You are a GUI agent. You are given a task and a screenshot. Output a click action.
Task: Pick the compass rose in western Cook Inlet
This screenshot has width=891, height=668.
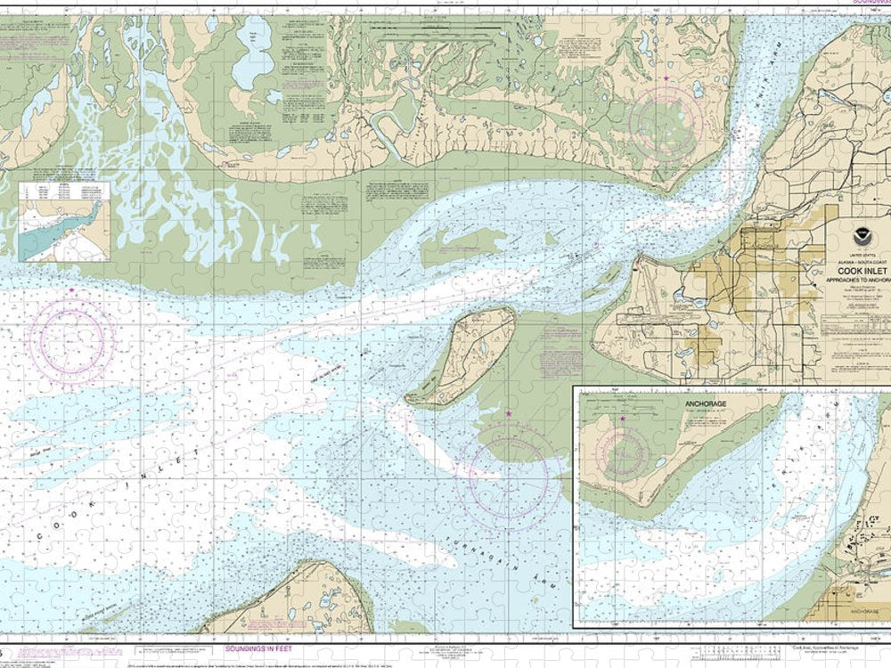click(72, 341)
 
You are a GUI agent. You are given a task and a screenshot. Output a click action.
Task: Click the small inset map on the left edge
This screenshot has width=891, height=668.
click(64, 222)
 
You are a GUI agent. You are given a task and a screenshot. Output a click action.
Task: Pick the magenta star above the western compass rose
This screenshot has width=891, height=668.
click(71, 290)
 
